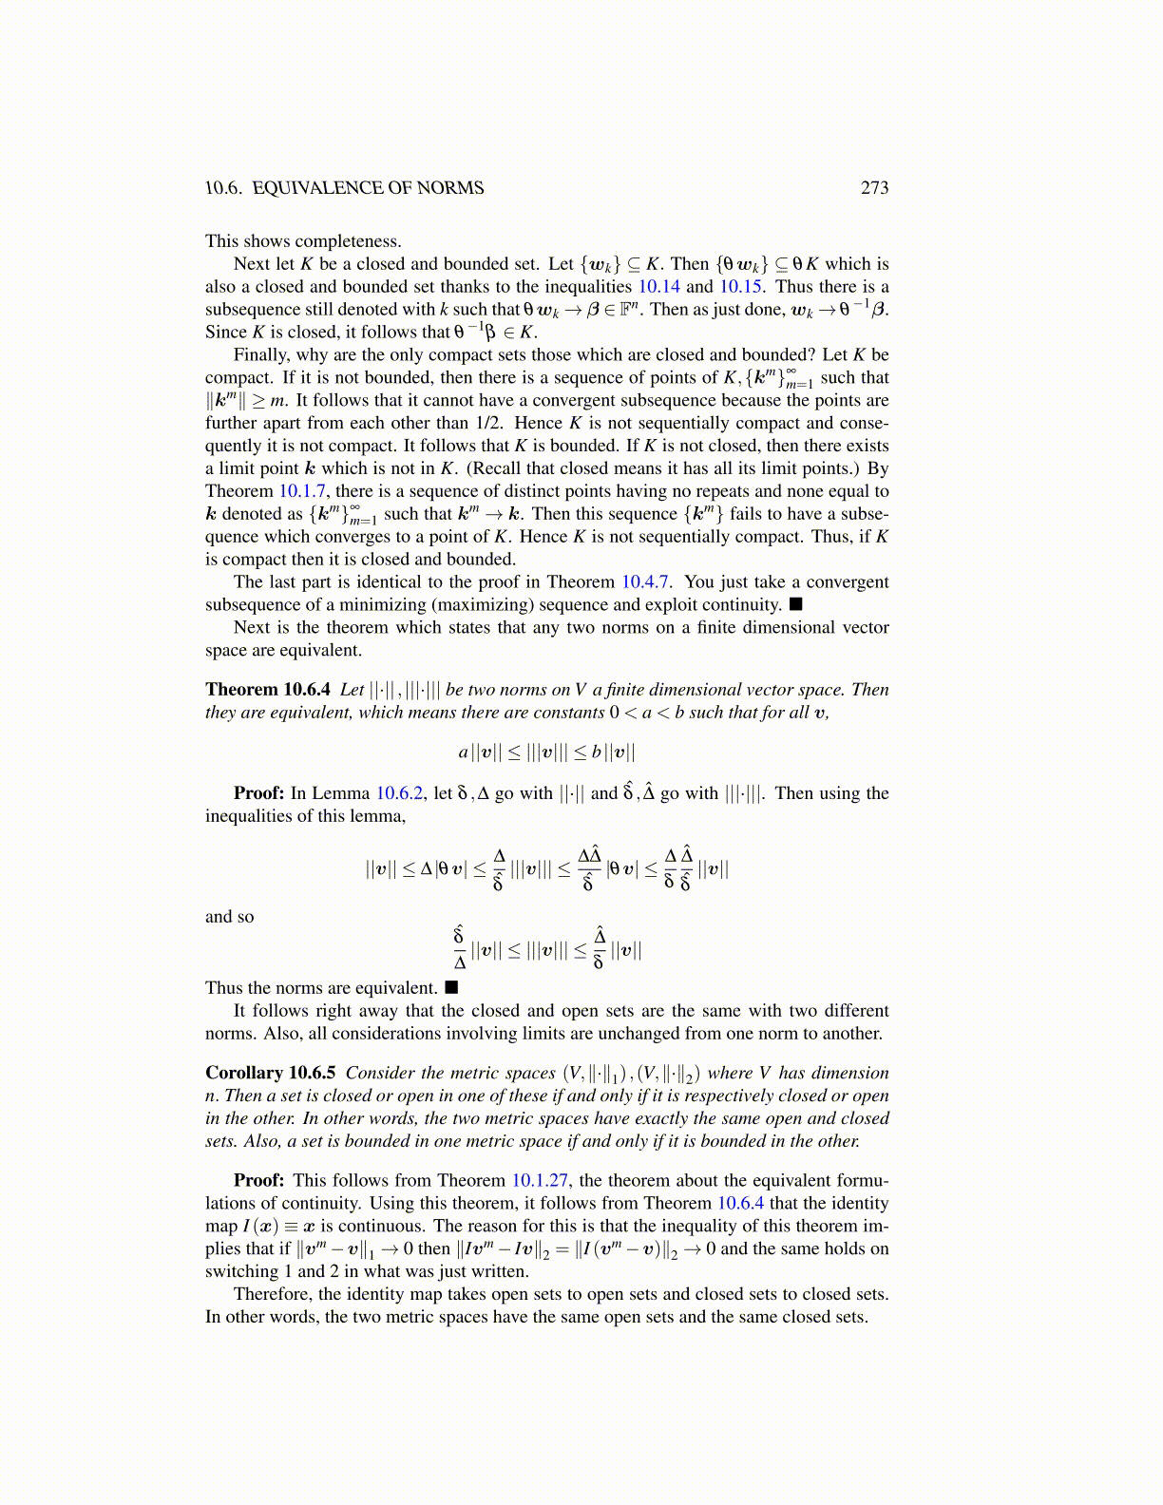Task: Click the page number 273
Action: coord(874,188)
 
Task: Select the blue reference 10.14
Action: coord(658,287)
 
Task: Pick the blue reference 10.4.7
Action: coord(646,582)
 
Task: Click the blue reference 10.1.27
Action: coord(540,1181)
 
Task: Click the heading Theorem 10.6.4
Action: coord(267,690)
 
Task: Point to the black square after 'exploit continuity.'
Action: coord(796,604)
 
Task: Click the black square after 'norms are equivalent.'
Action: coord(451,988)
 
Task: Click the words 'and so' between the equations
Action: coord(230,917)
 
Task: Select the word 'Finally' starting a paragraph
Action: coord(260,355)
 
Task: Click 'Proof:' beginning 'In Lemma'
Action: coord(258,793)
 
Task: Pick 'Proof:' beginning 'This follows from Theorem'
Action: coord(258,1181)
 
